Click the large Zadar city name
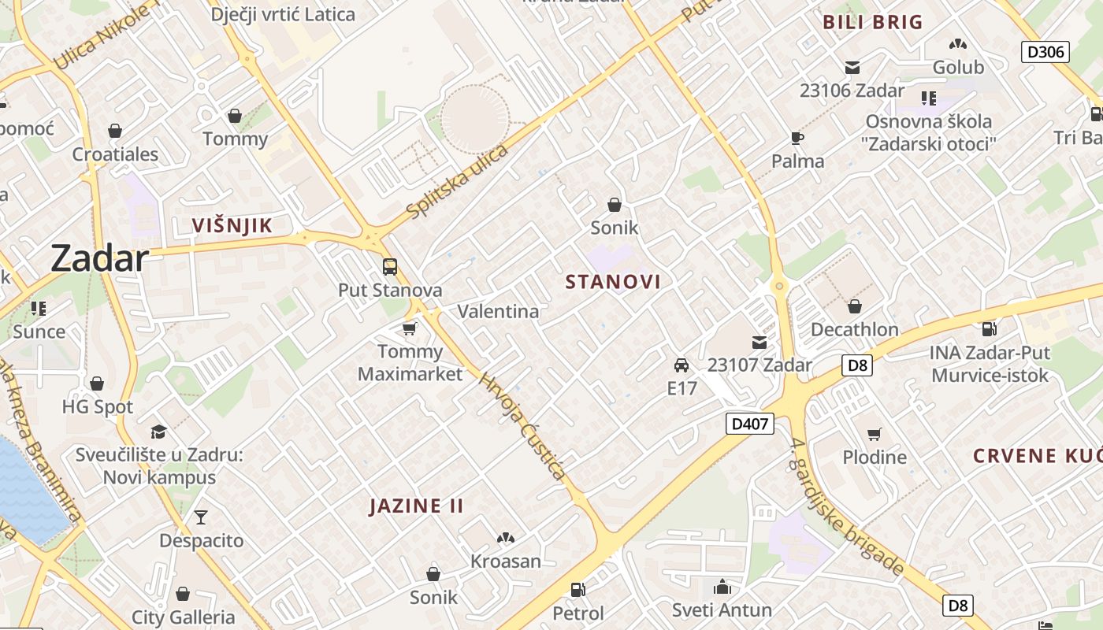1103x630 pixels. pyautogui.click(x=100, y=258)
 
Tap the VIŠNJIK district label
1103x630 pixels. pyautogui.click(x=232, y=226)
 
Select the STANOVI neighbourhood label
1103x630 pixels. pyautogui.click(x=613, y=281)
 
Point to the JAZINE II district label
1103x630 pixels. pyautogui.click(x=417, y=506)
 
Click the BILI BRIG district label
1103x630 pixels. pyautogui.click(x=872, y=22)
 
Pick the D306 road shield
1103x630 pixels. pyautogui.click(x=1045, y=52)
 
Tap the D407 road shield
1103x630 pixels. pyautogui.click(x=749, y=424)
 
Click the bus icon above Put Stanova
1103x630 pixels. pyautogui.click(x=390, y=266)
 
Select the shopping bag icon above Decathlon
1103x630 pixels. pyautogui.click(x=855, y=306)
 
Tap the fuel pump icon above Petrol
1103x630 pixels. pyautogui.click(x=577, y=589)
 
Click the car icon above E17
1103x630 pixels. pyautogui.click(x=681, y=365)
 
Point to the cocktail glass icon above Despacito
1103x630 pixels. pyautogui.click(x=201, y=517)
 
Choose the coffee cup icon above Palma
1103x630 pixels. pyautogui.click(x=797, y=139)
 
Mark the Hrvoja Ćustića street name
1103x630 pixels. pyautogui.click(x=522, y=425)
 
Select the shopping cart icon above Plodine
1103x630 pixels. pyautogui.click(x=874, y=434)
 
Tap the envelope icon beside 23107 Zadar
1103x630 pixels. pyautogui.click(x=759, y=343)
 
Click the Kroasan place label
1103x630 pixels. pyautogui.click(x=506, y=561)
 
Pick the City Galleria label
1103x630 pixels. pyautogui.click(x=184, y=617)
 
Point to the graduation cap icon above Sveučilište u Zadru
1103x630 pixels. pyautogui.click(x=159, y=432)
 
